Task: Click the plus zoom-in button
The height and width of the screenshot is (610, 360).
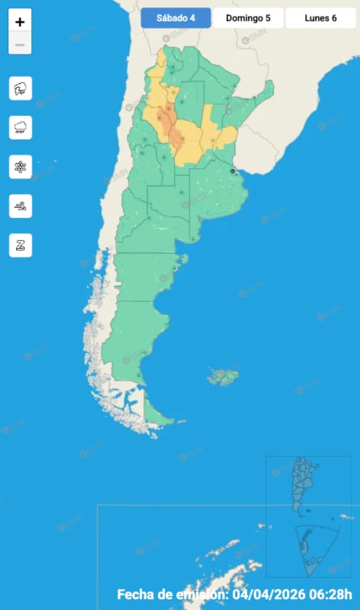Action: coord(20,22)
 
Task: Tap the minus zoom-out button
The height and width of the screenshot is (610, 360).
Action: coord(20,44)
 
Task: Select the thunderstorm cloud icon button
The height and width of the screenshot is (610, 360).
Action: coord(20,88)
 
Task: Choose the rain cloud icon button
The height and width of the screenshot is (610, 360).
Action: coord(20,127)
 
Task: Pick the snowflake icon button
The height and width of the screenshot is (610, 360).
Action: coord(20,166)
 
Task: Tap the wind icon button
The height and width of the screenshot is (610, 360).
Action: coord(20,205)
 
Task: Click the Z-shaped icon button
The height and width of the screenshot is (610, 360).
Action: coord(20,245)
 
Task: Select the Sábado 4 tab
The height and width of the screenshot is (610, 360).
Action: coord(175,18)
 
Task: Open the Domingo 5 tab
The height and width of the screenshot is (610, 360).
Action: coord(248,18)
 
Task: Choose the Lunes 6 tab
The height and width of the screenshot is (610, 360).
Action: coord(320,18)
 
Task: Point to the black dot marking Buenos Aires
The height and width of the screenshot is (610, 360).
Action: coord(233,171)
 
